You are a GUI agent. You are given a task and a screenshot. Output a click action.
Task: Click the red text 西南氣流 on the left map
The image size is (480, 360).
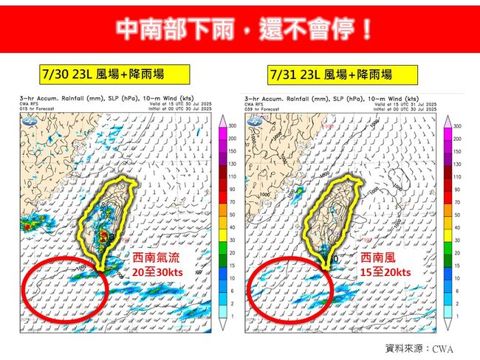155,258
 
